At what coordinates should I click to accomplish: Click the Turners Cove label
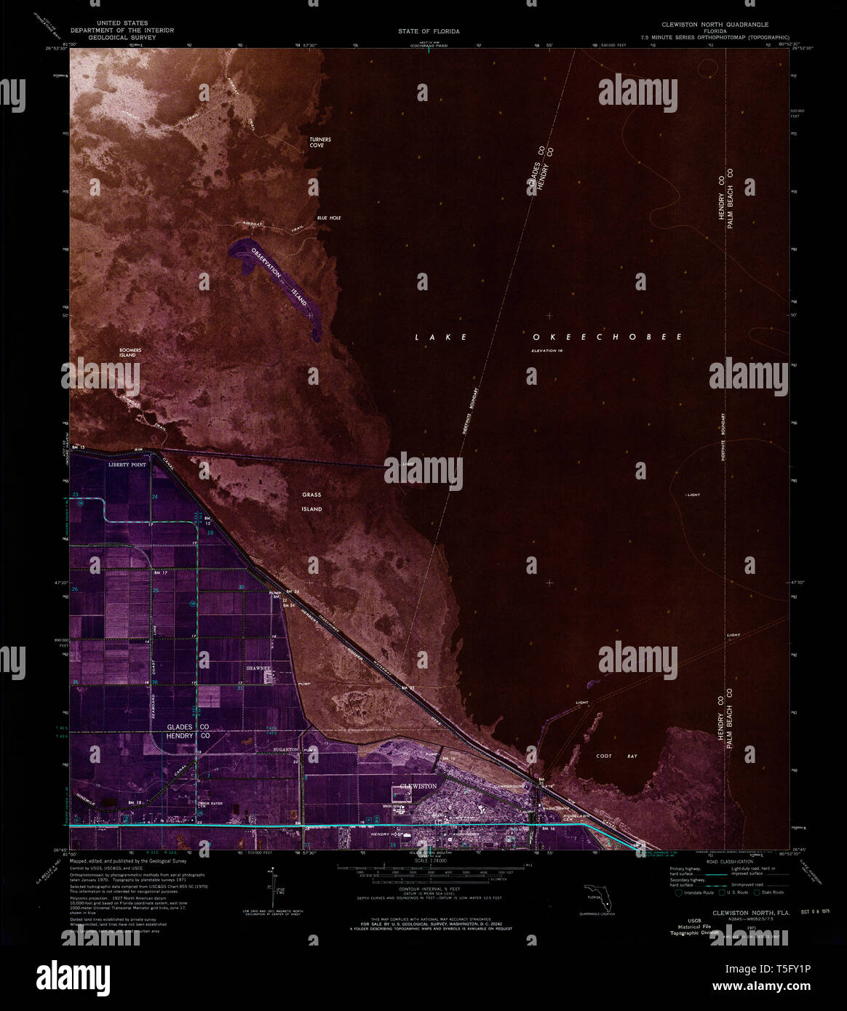(314, 142)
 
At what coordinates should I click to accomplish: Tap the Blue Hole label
(328, 218)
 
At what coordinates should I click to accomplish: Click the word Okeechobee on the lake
(606, 337)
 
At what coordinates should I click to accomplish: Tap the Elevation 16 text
(547, 351)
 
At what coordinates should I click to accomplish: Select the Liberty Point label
(127, 463)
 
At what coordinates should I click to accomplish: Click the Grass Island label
(312, 502)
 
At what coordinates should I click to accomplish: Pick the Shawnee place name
(258, 668)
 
